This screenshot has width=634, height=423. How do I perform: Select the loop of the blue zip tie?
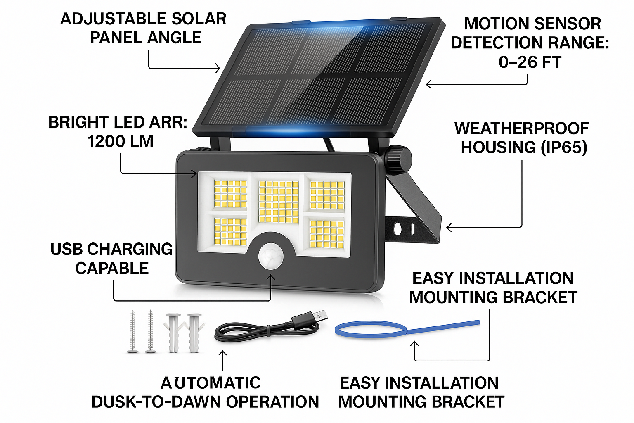pos(371,330)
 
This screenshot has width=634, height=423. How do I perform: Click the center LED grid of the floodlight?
pos(279,202)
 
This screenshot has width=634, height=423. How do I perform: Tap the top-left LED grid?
pos(231,194)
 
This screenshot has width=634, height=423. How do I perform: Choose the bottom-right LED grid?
pos(327,234)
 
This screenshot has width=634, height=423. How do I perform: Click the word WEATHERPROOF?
pos(522,128)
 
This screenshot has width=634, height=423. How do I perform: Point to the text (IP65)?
pos(563,148)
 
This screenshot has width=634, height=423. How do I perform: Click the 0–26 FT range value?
pos(530,62)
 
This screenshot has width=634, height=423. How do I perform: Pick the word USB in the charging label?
pos(67,250)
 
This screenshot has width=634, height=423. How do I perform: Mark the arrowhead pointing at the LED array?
pos(194,174)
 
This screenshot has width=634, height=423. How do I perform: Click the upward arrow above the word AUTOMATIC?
pos(222,361)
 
